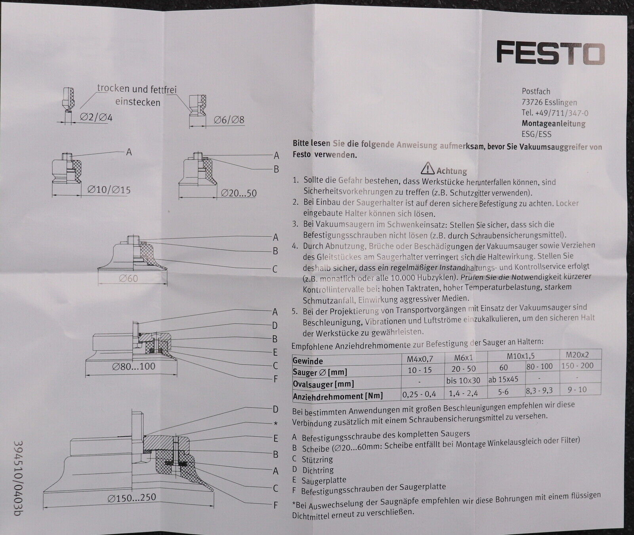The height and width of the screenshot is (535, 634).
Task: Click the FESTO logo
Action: [550, 54]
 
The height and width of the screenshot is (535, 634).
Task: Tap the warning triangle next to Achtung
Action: [428, 169]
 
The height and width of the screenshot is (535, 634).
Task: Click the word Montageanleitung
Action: [554, 123]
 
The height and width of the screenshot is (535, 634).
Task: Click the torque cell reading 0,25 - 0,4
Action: [419, 394]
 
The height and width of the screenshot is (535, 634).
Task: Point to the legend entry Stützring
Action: [317, 460]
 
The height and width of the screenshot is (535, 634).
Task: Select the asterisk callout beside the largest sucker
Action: [275, 424]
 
